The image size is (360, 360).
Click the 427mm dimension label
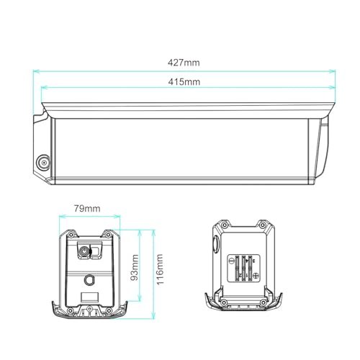pyautogui.click(x=184, y=63)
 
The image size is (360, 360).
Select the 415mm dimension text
pyautogui.click(x=184, y=82)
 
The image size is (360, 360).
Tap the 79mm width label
pyautogui.click(x=87, y=209)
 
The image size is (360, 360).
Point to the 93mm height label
pyautogui.click(x=135, y=267)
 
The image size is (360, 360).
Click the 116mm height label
pyautogui.click(x=160, y=269)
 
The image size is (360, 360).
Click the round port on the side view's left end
pyautogui.click(x=43, y=163)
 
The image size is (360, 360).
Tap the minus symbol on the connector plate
pyautogui.click(x=232, y=261)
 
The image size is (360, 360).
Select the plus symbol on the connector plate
pyautogui.click(x=256, y=276)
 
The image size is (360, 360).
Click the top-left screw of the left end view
pyautogui.click(x=71, y=234)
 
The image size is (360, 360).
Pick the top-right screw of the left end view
pyautogui.click(x=108, y=234)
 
